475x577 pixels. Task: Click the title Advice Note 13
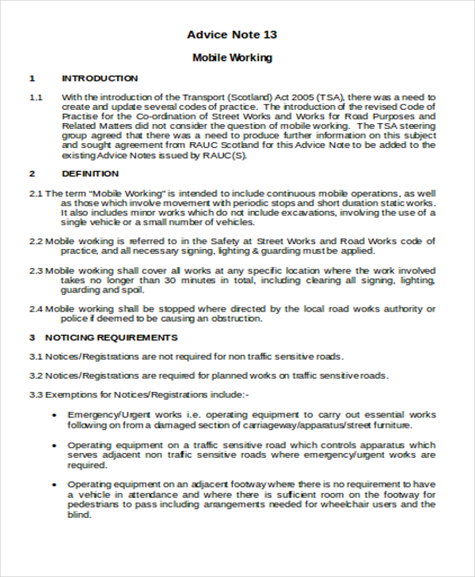pos(232,35)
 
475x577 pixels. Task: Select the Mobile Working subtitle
pos(232,58)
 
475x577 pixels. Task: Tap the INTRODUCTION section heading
pos(100,78)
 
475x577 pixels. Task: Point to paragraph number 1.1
pos(36,97)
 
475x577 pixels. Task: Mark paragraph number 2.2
pos(36,241)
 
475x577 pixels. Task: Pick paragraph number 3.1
pos(36,356)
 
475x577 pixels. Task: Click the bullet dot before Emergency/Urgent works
pos(54,414)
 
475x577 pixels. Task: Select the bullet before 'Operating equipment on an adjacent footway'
pos(54,484)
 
